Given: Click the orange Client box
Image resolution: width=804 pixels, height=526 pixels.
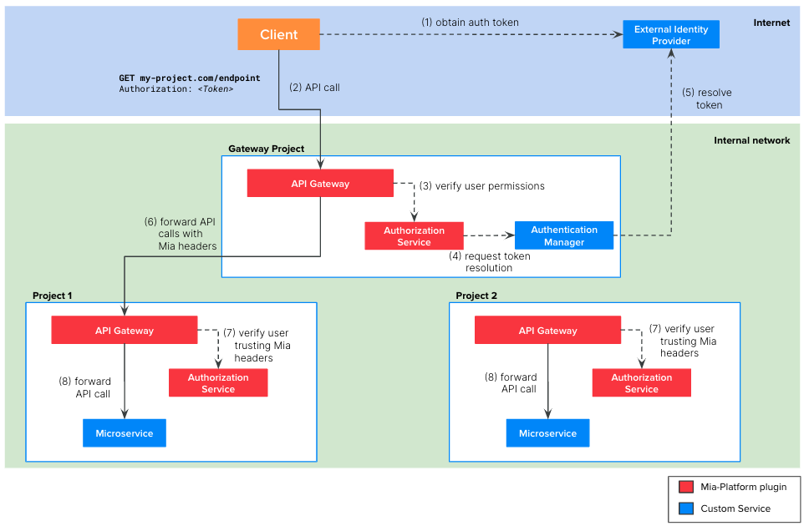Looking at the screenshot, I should click(278, 34).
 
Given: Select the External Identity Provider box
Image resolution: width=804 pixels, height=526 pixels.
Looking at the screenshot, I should click(670, 34).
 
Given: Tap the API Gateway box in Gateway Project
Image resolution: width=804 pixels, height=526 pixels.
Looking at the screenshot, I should click(320, 183).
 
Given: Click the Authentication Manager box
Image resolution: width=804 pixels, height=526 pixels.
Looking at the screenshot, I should click(564, 235).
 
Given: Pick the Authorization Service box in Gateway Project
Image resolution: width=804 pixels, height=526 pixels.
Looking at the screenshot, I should click(414, 235).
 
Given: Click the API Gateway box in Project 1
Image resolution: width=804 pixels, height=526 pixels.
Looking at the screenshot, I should click(124, 330).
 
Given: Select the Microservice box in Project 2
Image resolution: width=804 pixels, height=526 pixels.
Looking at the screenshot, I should click(547, 433).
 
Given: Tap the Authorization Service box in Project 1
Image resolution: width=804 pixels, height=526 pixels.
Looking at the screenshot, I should click(218, 382).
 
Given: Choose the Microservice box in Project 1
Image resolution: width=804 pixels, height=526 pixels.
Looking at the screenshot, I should click(125, 433).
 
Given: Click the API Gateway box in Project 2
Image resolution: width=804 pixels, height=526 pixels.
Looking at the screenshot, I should click(547, 330).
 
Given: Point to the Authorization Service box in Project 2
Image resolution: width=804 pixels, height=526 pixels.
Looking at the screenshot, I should click(641, 382).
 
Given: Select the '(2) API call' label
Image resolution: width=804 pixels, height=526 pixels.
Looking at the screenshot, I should click(314, 87).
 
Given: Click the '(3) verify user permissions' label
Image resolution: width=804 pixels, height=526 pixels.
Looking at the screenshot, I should click(481, 186).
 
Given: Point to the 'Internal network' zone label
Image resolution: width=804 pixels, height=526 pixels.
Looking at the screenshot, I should click(751, 140).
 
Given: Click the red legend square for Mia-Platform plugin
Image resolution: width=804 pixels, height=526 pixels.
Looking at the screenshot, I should click(686, 487).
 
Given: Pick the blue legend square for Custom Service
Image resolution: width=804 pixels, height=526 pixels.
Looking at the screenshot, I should click(686, 508).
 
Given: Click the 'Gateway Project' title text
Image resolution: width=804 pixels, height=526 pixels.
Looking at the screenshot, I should click(266, 149).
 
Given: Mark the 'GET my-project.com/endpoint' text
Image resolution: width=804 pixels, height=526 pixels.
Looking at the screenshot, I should click(190, 78).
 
